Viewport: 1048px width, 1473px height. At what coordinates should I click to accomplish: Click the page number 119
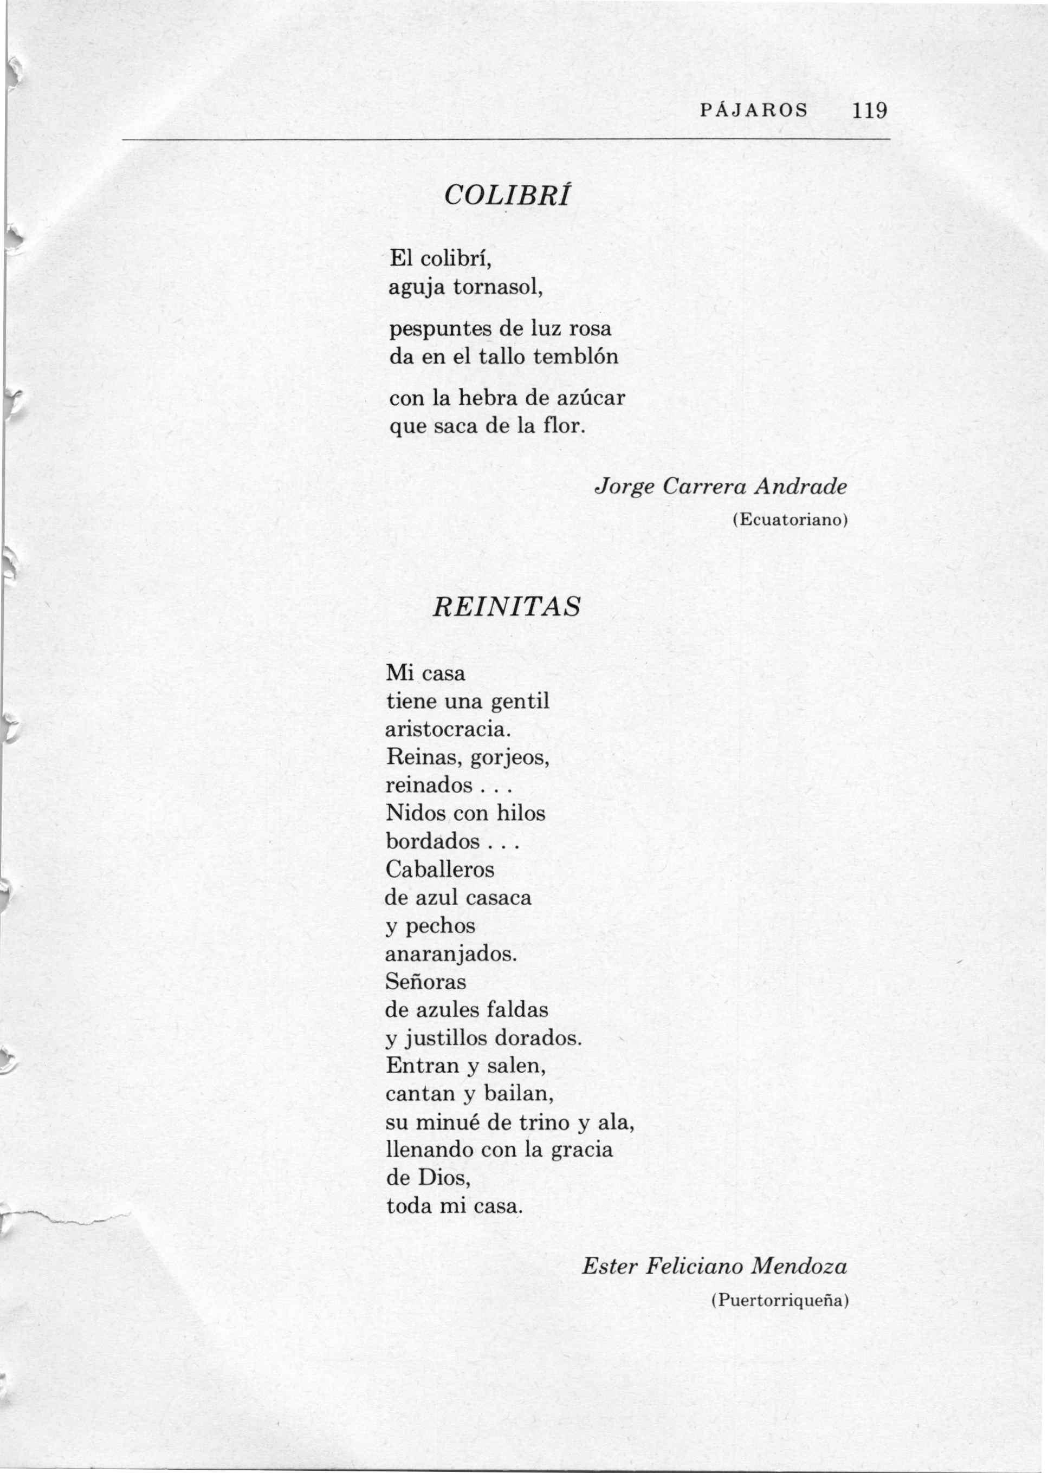pos(869,111)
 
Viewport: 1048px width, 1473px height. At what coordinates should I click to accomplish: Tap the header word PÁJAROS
pos(754,111)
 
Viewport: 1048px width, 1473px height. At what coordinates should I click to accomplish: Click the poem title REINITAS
pos(507,607)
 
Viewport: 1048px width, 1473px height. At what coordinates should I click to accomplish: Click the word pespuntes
pos(440,330)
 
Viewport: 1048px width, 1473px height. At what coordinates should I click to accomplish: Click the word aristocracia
pos(448,729)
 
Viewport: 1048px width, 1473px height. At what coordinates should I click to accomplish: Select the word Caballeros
pos(439,869)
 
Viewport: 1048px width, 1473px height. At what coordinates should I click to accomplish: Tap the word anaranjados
pos(451,953)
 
